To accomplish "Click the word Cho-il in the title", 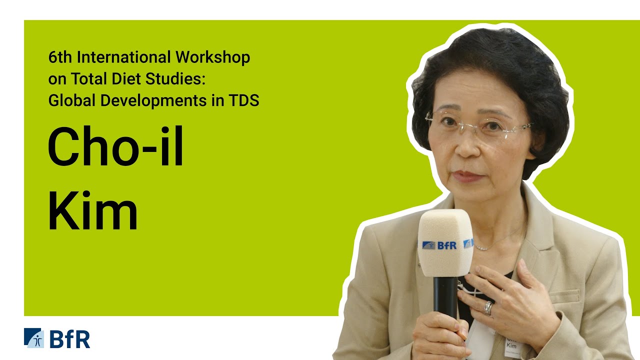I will [115, 147].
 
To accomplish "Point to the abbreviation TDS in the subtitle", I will [243, 100].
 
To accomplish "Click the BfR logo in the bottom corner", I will [57, 338].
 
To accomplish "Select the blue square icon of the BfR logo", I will [34, 338].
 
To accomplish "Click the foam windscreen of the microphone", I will [444, 242].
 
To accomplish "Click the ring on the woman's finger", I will [488, 307].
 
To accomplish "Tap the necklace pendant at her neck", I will [481, 247].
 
